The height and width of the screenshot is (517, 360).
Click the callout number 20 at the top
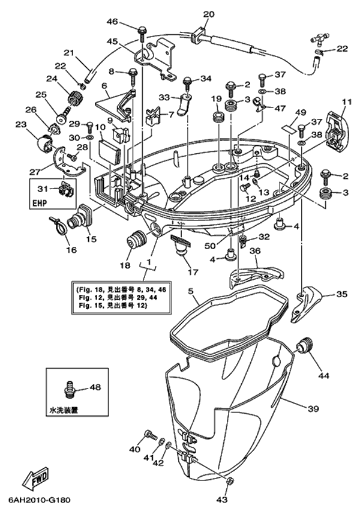click(208, 14)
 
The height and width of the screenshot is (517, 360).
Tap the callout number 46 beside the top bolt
click(113, 22)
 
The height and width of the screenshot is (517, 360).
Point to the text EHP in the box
click(41, 202)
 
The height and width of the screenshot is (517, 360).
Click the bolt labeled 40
click(149, 434)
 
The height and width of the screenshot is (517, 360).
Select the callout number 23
click(21, 124)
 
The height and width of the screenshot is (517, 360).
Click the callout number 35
click(341, 294)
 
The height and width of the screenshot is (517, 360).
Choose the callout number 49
click(301, 112)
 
